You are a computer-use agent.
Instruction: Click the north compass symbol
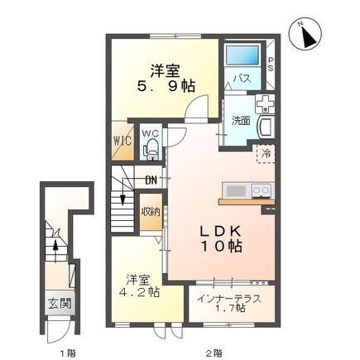point(305,36)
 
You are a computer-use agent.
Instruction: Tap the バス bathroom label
point(242,79)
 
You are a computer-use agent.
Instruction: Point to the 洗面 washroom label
point(241,119)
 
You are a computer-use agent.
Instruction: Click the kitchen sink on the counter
point(236,191)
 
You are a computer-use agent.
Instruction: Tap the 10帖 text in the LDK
point(221,247)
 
